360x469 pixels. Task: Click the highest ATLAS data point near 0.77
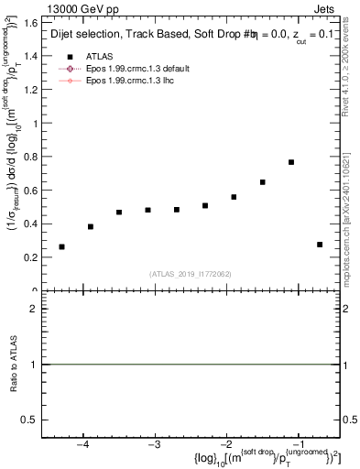290,162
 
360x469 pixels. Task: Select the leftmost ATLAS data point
61,246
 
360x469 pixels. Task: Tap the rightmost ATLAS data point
320,245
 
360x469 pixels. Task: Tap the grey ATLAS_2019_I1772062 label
191,274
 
